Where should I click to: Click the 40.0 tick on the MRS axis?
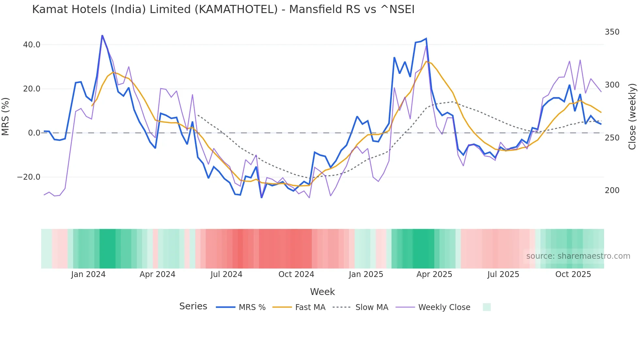click(x=32, y=45)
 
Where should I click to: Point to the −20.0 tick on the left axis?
click(x=29, y=177)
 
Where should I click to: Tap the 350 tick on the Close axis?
click(x=612, y=32)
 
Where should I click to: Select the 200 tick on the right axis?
click(x=612, y=190)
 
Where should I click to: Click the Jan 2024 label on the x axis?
click(x=88, y=274)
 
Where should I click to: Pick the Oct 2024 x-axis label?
click(x=296, y=274)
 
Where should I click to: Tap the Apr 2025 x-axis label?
click(x=434, y=274)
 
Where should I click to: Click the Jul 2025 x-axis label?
click(x=503, y=274)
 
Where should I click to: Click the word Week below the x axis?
click(x=322, y=292)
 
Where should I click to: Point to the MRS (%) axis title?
click(x=6, y=117)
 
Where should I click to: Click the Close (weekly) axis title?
click(x=632, y=117)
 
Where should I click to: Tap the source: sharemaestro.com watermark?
click(x=578, y=256)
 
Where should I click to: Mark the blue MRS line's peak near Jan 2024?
click(x=102, y=36)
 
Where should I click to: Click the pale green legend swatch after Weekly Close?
click(x=487, y=307)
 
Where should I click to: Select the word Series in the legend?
click(x=193, y=306)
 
